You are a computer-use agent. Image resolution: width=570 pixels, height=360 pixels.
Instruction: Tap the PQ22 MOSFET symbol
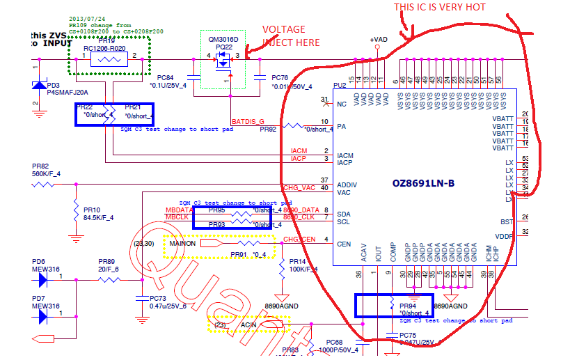pyautogui.click(x=223, y=63)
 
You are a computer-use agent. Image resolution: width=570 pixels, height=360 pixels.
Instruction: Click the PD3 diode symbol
pyautogui.click(x=38, y=85)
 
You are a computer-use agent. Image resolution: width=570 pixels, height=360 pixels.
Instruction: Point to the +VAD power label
pyautogui.click(x=379, y=40)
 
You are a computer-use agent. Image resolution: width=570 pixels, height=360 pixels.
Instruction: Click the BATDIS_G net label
pyautogui.click(x=248, y=121)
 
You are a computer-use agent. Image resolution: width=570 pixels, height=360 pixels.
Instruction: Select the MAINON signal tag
pyautogui.click(x=182, y=244)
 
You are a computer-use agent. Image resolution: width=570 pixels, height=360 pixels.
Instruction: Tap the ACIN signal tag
pyautogui.click(x=249, y=324)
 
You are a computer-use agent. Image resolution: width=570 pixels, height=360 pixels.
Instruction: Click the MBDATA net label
pyautogui.click(x=179, y=210)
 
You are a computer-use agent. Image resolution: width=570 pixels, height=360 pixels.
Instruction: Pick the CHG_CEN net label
pyautogui.click(x=299, y=240)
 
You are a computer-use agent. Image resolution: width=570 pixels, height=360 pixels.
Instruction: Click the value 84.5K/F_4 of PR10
pyautogui.click(x=98, y=218)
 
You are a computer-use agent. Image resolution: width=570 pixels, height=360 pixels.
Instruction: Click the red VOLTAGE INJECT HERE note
pyautogui.click(x=290, y=36)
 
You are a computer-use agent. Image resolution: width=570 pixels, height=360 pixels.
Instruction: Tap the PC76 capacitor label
pyautogui.click(x=280, y=77)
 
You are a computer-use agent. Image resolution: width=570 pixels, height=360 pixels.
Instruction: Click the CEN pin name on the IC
pyautogui.click(x=343, y=244)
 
